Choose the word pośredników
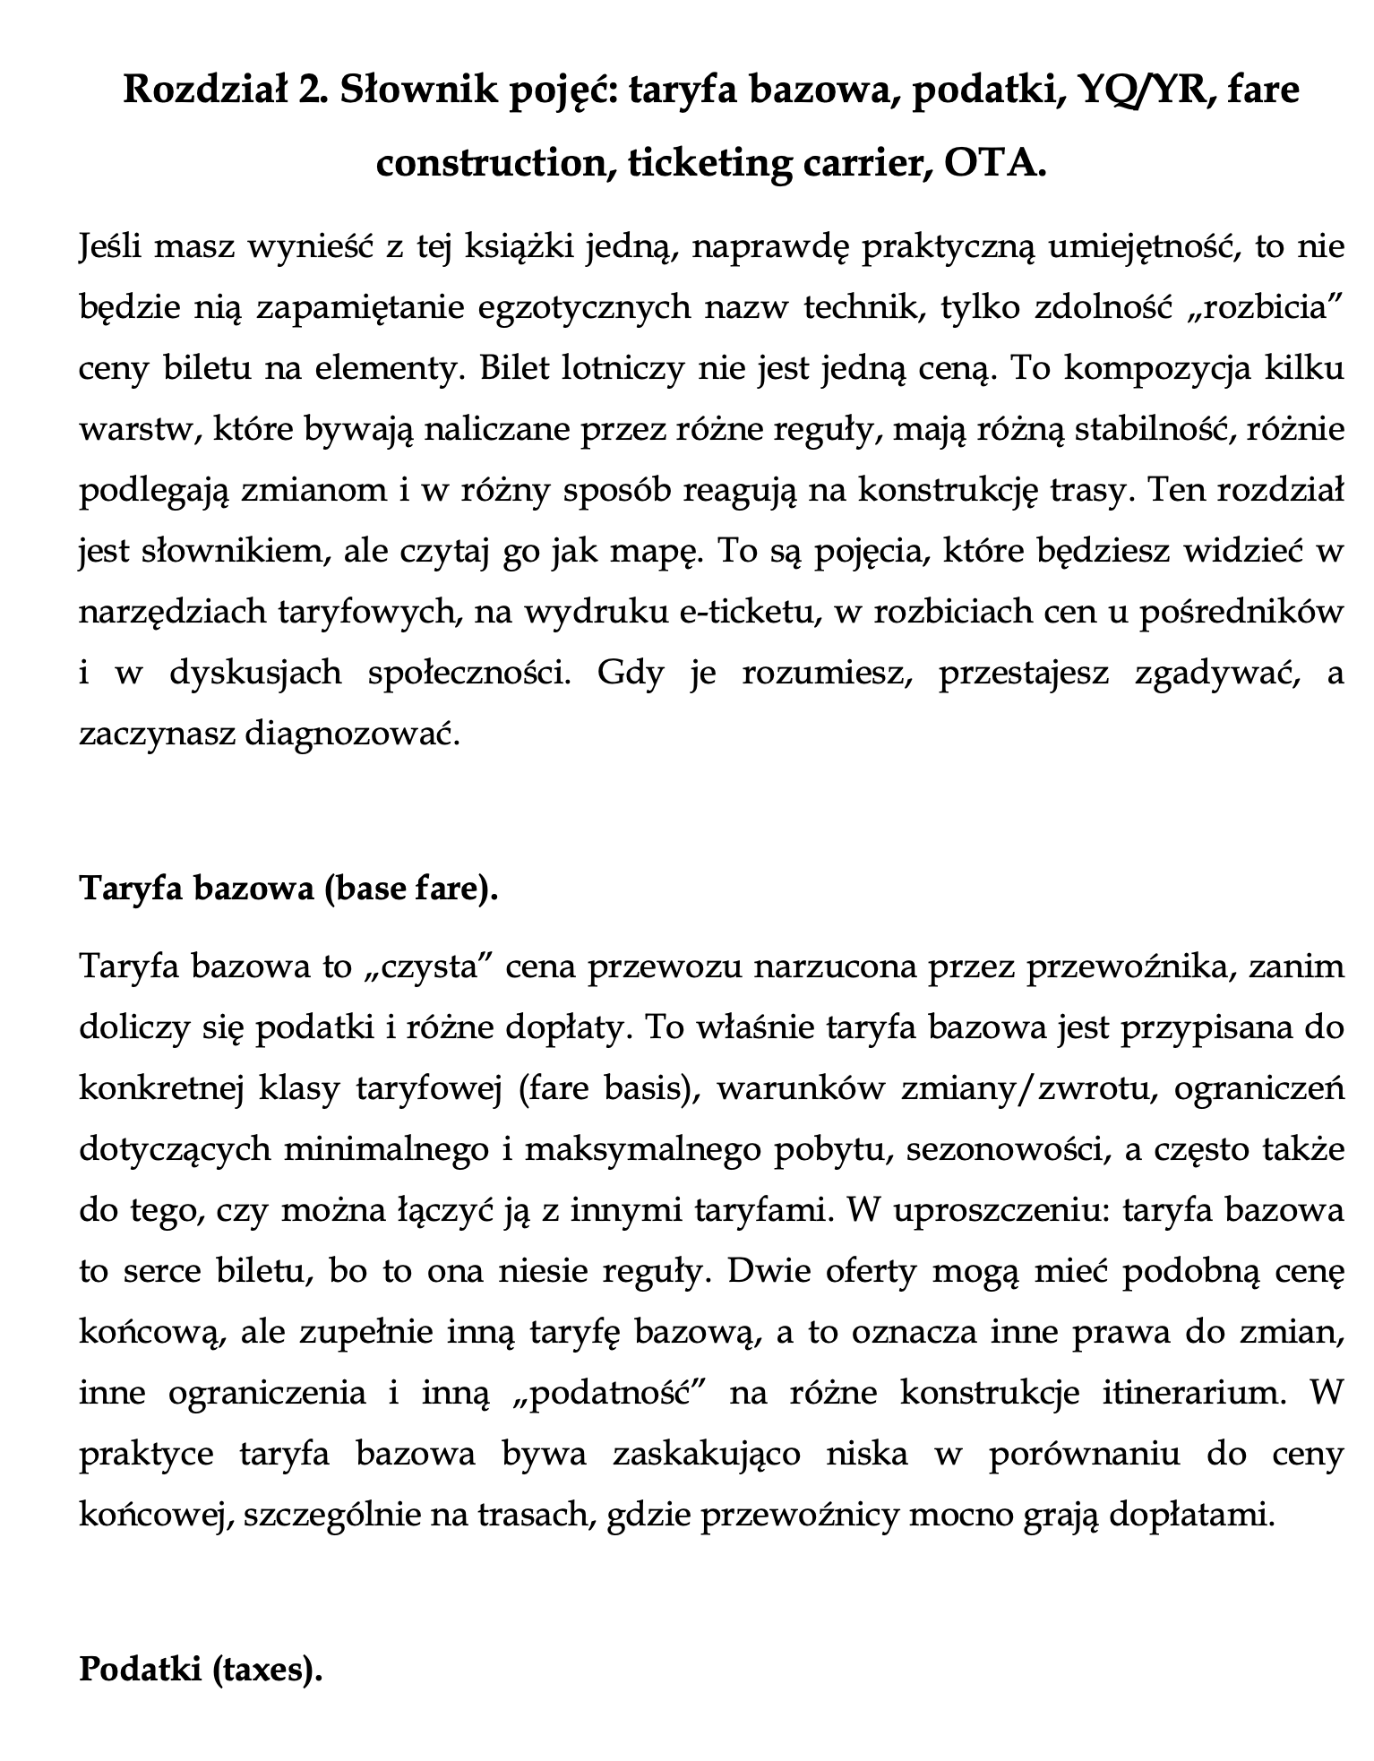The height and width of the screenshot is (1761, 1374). coord(1241,613)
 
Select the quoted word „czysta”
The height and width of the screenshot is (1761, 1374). coord(429,968)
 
